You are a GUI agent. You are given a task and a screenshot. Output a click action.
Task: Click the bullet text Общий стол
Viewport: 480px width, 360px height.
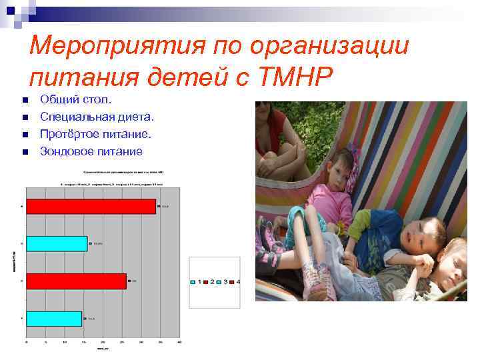coord(77,100)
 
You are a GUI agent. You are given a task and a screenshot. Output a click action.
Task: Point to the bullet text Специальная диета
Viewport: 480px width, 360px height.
coord(97,117)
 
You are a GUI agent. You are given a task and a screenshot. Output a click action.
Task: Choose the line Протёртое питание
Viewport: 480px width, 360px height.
coord(95,135)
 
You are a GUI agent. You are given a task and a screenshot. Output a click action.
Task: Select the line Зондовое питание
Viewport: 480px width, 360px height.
coord(91,152)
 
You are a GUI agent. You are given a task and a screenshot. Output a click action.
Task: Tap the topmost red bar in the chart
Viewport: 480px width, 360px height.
coord(91,207)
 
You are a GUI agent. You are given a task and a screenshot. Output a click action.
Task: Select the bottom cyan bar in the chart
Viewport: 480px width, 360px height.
coord(54,319)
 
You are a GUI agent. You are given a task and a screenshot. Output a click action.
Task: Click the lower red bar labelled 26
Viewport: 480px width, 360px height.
coord(76,281)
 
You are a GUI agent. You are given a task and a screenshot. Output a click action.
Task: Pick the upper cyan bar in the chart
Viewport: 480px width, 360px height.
coord(57,244)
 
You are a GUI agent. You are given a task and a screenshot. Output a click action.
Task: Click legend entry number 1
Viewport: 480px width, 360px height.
coord(195,282)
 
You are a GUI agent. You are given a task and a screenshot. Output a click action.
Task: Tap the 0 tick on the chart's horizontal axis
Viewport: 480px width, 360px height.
coord(27,341)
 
